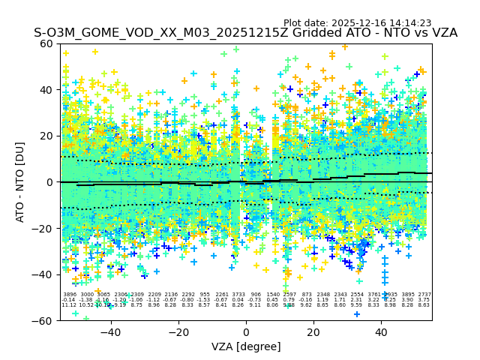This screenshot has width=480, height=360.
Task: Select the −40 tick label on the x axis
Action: tap(110, 331)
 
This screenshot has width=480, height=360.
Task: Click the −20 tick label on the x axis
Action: tap(178, 331)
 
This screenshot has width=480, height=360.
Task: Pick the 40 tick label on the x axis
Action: tap(381, 331)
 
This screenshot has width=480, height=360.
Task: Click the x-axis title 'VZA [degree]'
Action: tap(246, 346)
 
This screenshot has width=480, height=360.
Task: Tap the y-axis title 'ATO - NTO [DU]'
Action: tap(21, 181)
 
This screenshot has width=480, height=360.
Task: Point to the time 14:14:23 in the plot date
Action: tap(409, 23)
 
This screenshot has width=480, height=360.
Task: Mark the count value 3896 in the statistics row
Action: tap(70, 295)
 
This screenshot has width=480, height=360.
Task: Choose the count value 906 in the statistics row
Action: tap(256, 295)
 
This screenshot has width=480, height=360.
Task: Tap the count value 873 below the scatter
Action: tap(307, 295)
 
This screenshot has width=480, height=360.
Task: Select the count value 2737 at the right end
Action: tap(424, 295)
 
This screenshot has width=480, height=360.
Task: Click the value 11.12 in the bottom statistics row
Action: tap(69, 305)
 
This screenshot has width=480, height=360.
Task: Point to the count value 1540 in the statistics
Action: tap(273, 295)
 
